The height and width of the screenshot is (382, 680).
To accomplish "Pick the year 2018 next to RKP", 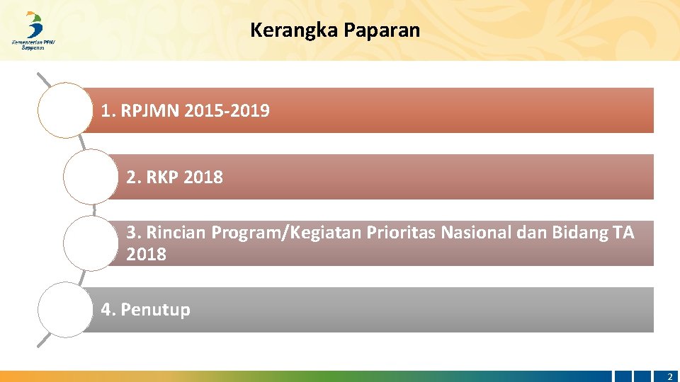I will (203, 178).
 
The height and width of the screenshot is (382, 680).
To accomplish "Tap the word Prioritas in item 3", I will (402, 232).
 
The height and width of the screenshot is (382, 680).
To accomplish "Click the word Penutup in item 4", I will (155, 310).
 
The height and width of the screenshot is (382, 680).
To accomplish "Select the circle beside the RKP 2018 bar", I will (90, 176).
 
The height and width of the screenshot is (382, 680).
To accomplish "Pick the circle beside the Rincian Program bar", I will (90, 243).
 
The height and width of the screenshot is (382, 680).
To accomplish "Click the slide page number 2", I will (669, 376).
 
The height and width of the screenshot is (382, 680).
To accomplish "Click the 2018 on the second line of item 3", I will (147, 255).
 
